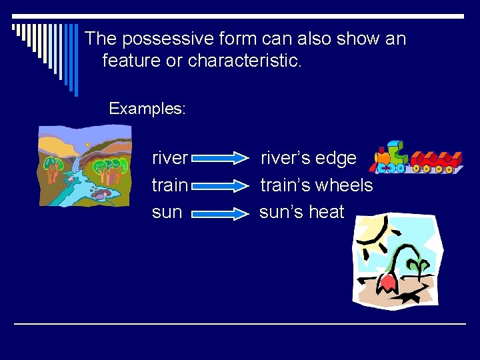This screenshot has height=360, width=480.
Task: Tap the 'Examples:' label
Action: (147, 109)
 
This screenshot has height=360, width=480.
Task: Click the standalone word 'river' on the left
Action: (170, 159)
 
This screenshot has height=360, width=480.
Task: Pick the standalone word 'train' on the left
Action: (169, 185)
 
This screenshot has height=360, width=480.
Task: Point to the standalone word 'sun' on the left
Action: (167, 212)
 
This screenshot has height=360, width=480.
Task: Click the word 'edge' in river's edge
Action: (336, 159)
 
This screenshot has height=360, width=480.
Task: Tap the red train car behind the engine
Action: (437, 161)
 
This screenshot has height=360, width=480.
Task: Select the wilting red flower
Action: (387, 281)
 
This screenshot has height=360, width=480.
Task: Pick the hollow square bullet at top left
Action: (15, 27)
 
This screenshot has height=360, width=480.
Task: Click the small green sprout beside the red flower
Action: (419, 267)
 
